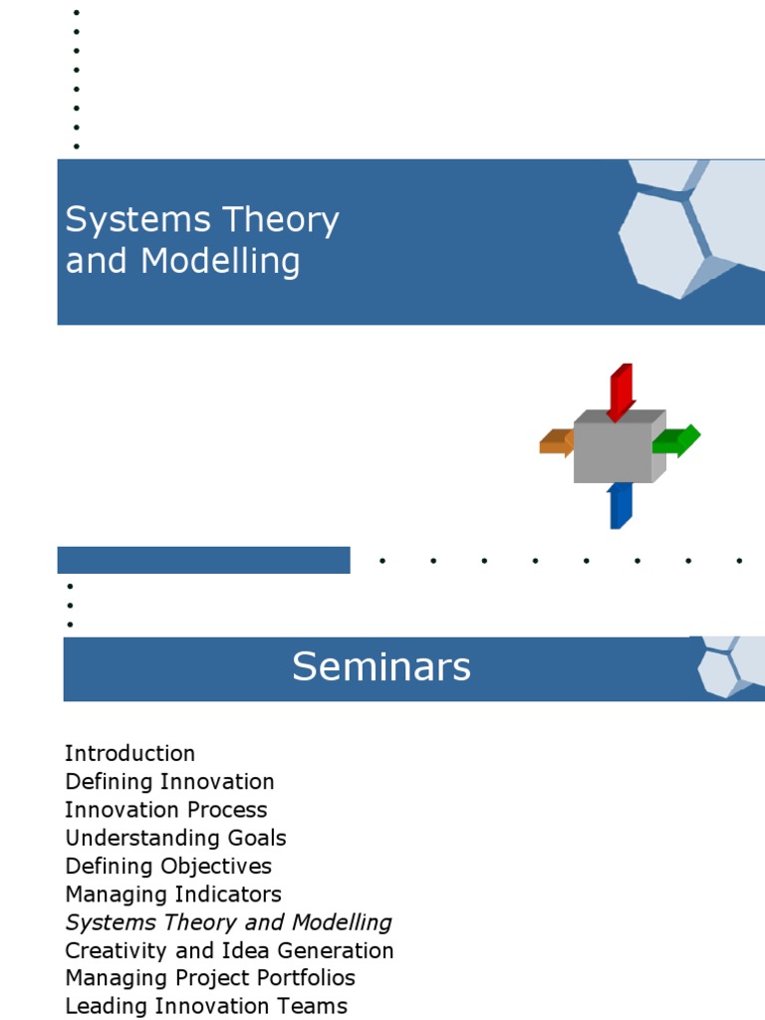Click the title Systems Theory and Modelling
(201, 240)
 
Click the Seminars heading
(381, 667)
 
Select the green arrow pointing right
(679, 440)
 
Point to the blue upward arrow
(620, 506)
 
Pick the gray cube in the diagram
(614, 450)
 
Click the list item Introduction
(129, 753)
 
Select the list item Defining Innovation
(169, 782)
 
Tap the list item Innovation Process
(165, 810)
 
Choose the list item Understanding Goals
(175, 838)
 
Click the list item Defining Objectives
(168, 866)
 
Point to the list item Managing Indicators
(173, 893)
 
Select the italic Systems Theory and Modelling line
(228, 922)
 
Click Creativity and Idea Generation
(229, 950)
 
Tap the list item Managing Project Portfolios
(210, 978)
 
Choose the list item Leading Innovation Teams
(206, 1006)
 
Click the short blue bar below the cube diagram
(203, 560)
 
